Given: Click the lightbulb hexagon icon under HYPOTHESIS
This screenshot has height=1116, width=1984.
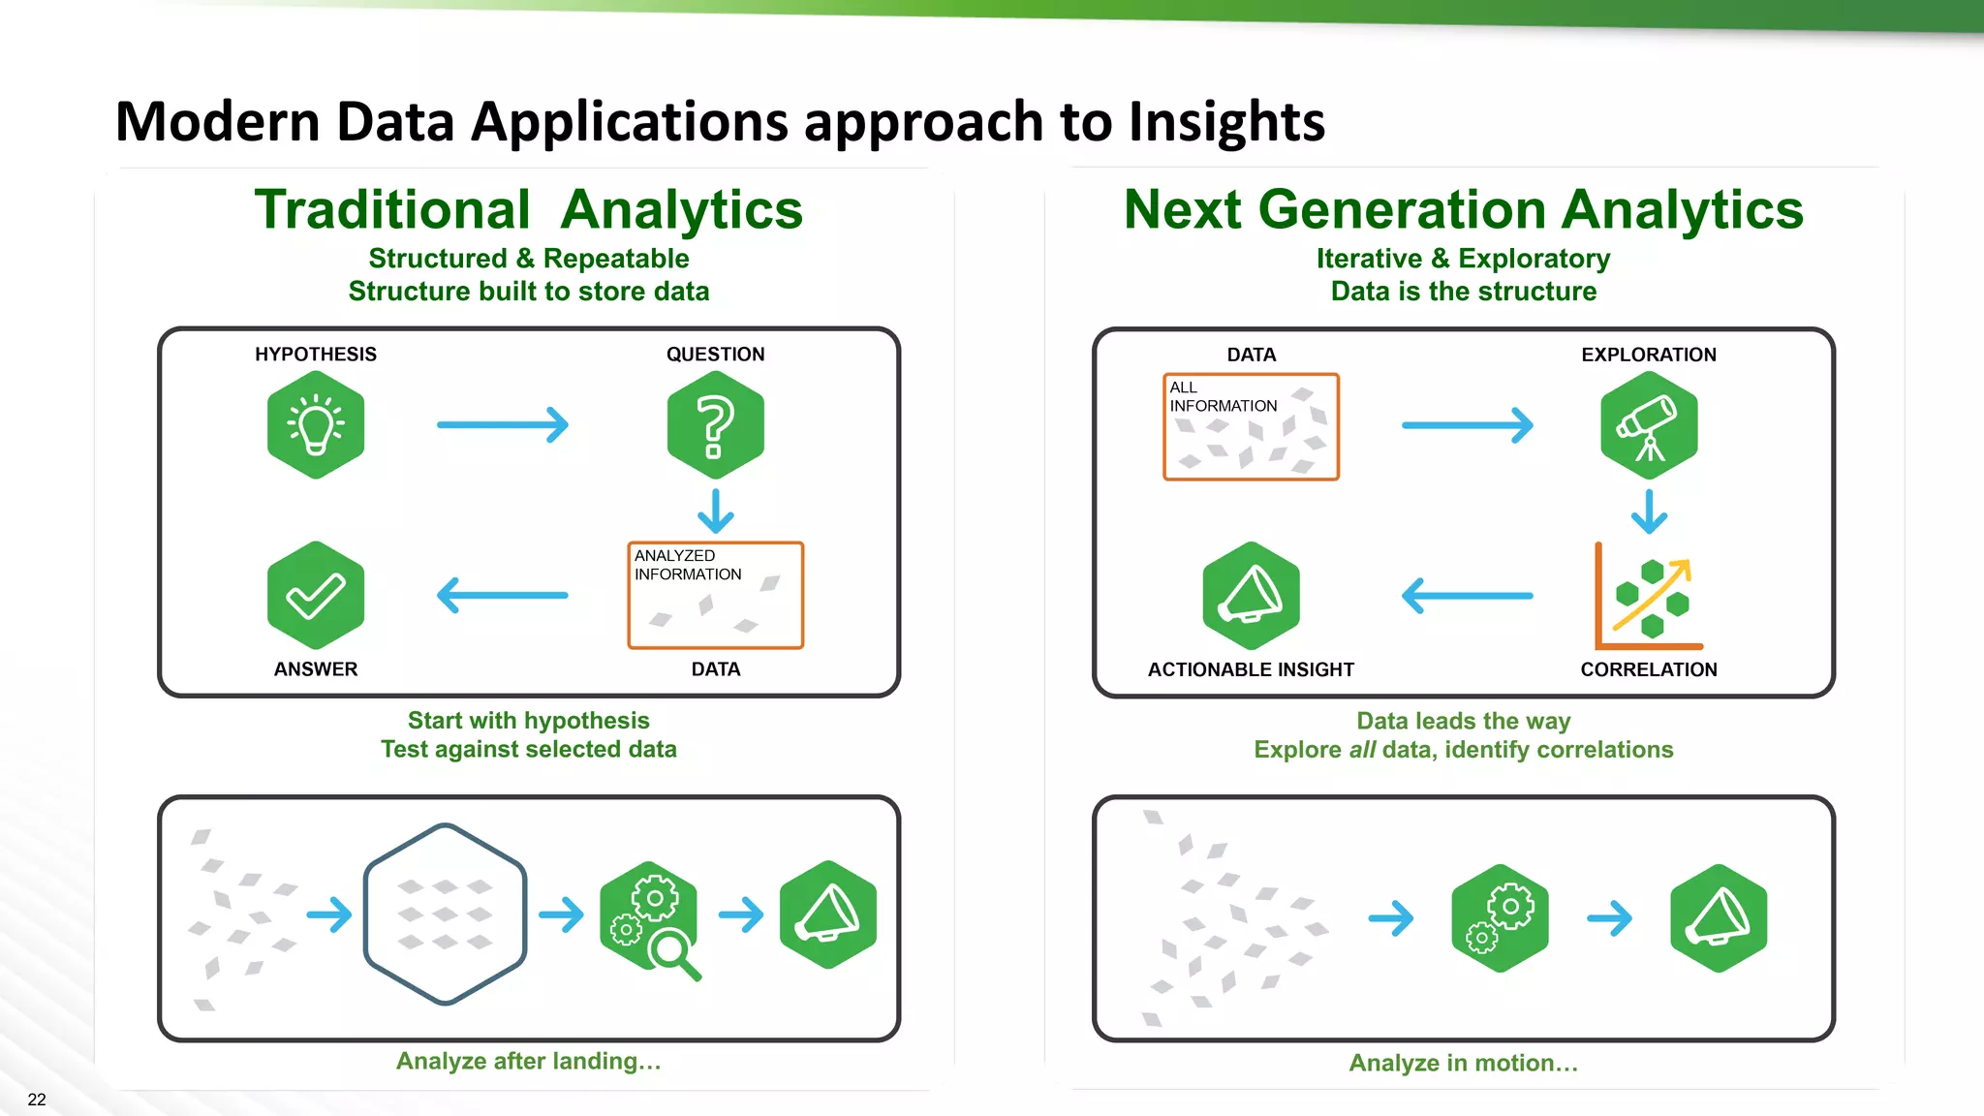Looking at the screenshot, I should coord(316,424).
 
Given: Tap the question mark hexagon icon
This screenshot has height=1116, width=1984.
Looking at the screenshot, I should coord(715,424).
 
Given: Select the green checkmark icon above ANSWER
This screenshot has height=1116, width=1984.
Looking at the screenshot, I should coord(316,595).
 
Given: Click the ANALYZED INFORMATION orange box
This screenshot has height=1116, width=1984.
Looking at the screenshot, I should coord(715,595).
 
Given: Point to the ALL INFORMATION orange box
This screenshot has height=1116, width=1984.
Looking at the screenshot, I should coord(1251,426).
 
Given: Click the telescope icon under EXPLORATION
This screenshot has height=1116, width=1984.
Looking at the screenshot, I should coord(1649,424).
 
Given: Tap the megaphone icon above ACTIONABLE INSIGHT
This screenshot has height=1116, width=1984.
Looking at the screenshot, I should coord(1251,595).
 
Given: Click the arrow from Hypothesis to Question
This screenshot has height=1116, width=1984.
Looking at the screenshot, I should coord(502,424).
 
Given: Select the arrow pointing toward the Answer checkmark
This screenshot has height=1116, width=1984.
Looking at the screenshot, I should coord(502,595).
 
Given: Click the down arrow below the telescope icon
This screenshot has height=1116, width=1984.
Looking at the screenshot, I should coord(1649,511).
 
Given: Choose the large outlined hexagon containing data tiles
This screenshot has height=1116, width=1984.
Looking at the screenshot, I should coord(445,914).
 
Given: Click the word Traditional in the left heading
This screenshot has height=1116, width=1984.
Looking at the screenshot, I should coord(392,209).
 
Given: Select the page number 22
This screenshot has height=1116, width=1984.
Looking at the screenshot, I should coord(37,1100).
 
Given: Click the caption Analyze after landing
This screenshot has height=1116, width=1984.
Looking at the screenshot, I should coord(528,1061).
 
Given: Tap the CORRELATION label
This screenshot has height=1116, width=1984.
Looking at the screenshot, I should coord(1649,669).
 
